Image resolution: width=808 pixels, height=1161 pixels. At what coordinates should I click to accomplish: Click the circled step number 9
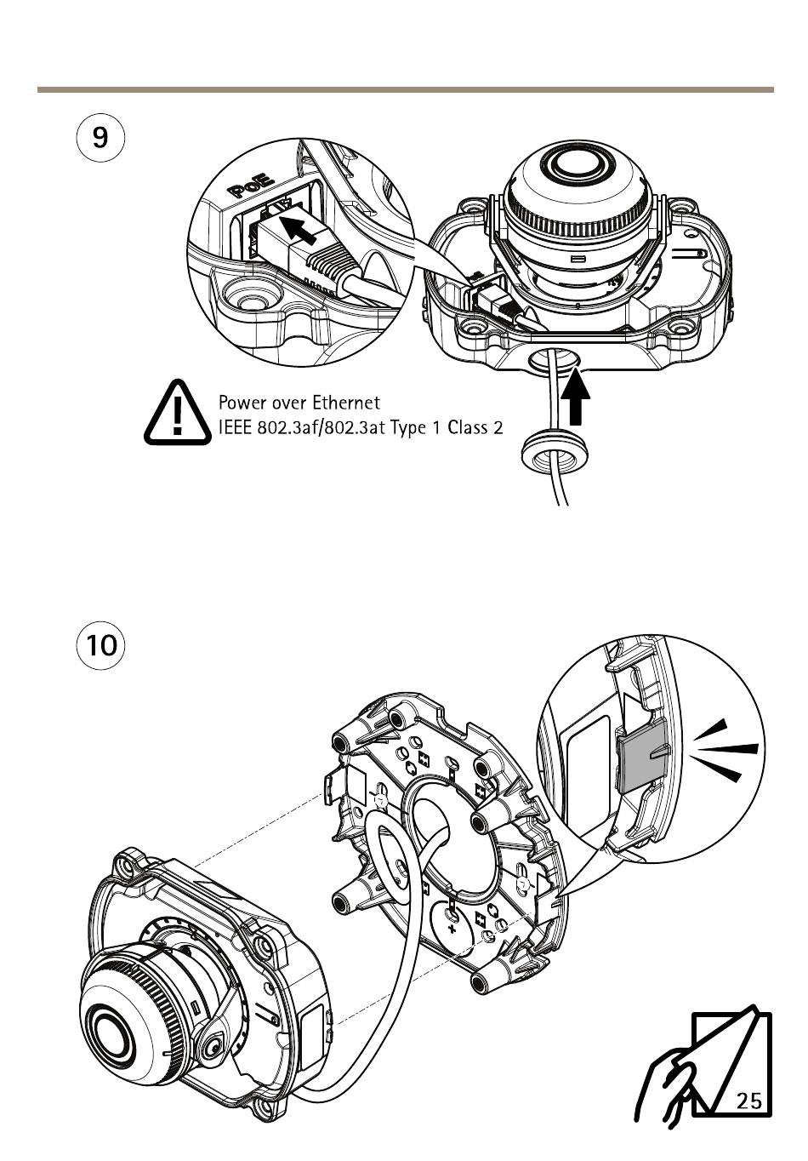click(100, 138)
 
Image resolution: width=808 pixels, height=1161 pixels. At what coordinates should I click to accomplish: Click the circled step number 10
click(100, 645)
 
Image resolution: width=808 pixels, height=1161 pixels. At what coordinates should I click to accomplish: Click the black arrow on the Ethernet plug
click(298, 229)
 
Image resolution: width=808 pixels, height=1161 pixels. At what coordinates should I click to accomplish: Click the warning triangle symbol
click(178, 412)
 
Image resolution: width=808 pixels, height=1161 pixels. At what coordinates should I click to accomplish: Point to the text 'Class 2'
click(475, 427)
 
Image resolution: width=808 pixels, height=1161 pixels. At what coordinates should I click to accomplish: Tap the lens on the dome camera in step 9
click(579, 163)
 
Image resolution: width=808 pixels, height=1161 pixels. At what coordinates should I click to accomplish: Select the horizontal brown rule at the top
click(406, 89)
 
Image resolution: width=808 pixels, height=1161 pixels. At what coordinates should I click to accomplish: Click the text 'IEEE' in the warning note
click(234, 427)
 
